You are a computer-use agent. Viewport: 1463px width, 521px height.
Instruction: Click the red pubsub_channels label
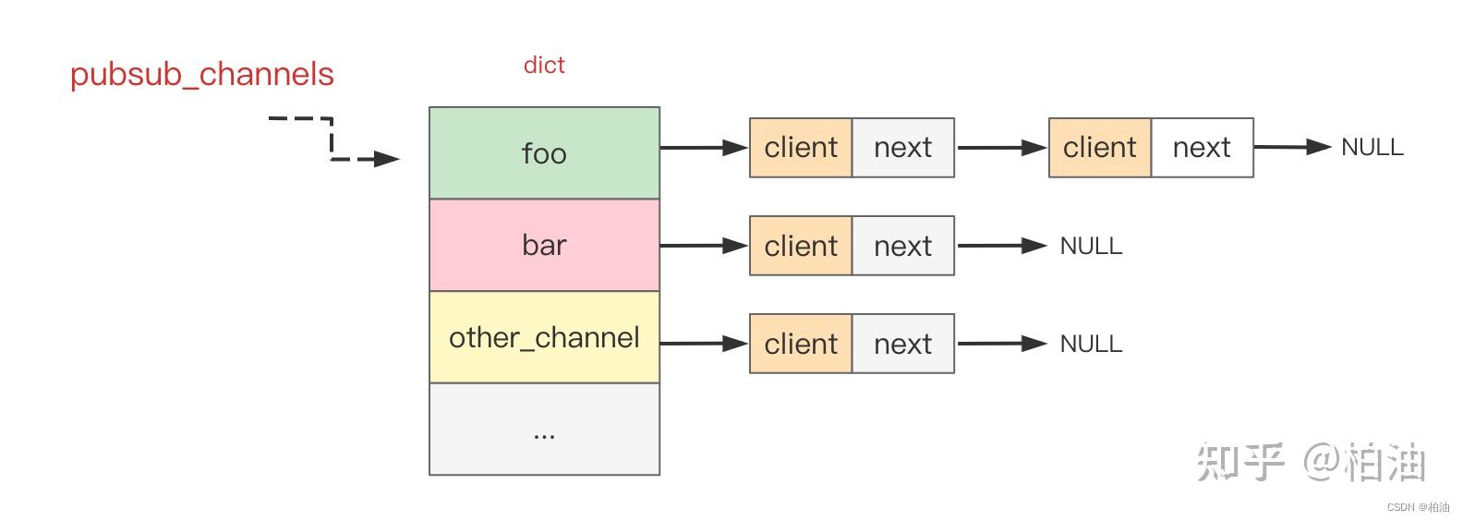coord(201,75)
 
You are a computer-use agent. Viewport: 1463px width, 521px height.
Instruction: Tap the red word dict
coord(543,65)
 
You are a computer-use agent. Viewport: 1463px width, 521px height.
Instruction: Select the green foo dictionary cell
coord(544,152)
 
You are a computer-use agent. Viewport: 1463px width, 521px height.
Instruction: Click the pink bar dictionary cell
coord(544,245)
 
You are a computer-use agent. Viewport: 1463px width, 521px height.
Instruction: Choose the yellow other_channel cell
coord(544,337)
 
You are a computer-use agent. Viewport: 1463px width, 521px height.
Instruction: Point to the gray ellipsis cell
coord(544,430)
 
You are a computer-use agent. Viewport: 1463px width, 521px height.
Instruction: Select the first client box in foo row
coord(801,148)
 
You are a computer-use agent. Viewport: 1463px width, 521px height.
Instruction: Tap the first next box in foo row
coord(902,148)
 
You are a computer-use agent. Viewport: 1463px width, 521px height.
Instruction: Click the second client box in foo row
coord(1099,148)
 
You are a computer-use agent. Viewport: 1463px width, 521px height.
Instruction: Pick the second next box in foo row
coord(1202,148)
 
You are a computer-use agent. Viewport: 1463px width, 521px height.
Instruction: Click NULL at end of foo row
coord(1372,147)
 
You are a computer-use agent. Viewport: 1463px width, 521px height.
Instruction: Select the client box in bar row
coord(801,246)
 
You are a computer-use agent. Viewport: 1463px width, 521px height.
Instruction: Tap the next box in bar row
coord(902,246)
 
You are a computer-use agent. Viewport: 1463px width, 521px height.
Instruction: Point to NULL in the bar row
coord(1091,246)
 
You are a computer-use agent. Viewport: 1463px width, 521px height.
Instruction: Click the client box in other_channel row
coord(801,344)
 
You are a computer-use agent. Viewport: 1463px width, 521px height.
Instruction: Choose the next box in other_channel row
coord(902,344)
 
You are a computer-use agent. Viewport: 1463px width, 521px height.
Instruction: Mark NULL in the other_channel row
coord(1091,344)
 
